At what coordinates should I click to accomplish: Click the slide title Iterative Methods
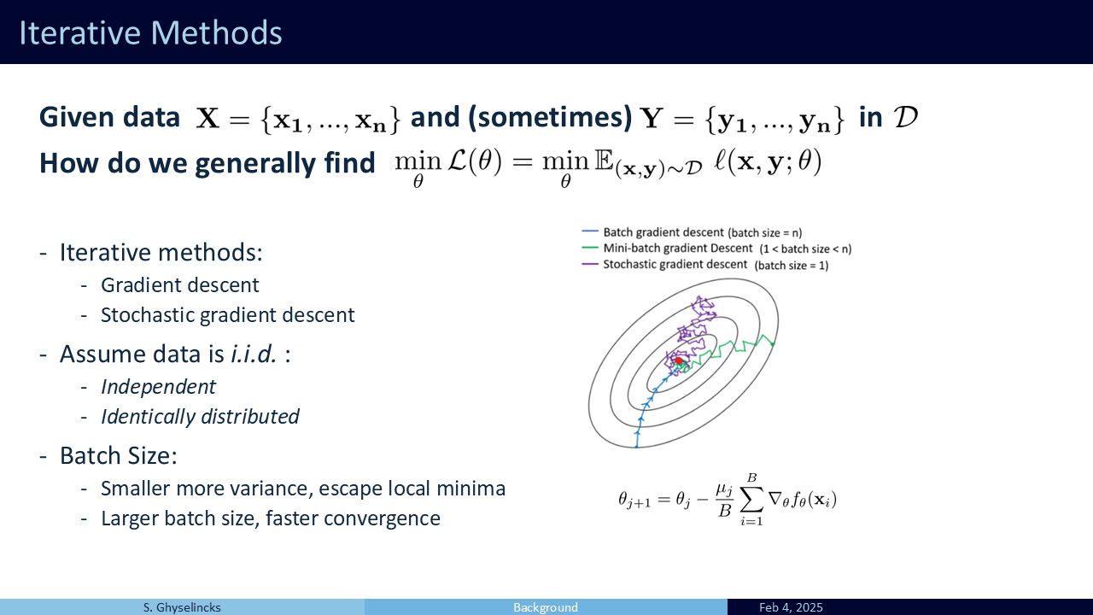coord(150,32)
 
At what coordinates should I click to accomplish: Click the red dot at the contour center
coord(678,360)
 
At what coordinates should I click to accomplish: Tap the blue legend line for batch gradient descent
coord(590,231)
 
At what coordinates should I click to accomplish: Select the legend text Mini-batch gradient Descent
coord(678,248)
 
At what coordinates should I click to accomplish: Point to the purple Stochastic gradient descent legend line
coord(590,264)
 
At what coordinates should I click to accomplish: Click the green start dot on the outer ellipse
coord(773,344)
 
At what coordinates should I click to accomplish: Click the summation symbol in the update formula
coord(751,500)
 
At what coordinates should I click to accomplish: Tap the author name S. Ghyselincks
coord(182,607)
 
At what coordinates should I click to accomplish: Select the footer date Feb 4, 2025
coord(791,607)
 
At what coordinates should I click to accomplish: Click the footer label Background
coord(546,607)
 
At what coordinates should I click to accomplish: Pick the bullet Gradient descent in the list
coord(179,285)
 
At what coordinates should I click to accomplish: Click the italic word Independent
coord(158,387)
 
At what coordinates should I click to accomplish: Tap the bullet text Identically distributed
coord(200,417)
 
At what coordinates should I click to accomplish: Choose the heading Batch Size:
coord(118,456)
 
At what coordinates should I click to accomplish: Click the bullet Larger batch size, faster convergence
coord(271,518)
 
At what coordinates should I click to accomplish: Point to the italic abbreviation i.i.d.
coord(254,354)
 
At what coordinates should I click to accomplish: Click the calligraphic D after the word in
coord(906,117)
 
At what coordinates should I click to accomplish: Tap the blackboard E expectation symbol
coord(604,161)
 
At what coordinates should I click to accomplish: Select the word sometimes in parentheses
coord(551,117)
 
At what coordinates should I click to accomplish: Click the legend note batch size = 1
coord(792,266)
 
